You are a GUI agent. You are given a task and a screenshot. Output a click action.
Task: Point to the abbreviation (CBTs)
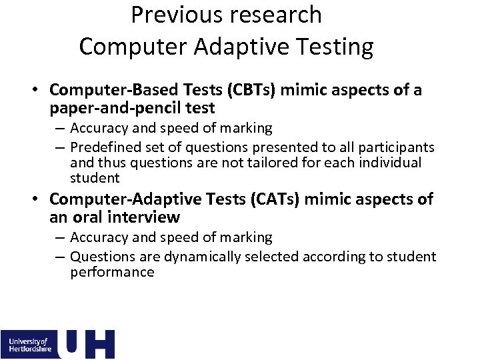[250, 90]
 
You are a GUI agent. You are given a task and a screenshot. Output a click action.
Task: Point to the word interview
[147, 217]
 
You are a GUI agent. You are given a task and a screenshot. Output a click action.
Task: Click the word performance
[112, 272]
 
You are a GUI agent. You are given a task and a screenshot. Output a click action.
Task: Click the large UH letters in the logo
[87, 344]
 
